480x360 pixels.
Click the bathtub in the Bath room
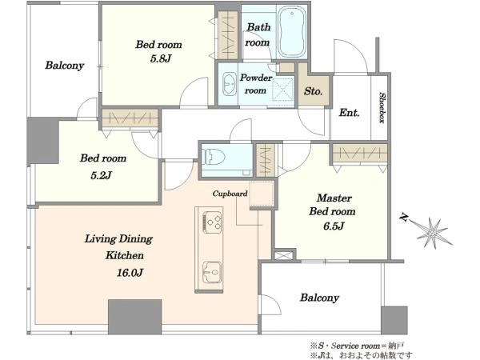[292, 31]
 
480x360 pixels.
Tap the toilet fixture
[214, 157]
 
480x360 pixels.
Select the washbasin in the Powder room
[229, 83]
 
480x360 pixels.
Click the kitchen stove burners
[212, 222]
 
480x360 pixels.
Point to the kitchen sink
[212, 272]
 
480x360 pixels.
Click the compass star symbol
[434, 234]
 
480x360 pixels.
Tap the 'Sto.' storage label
[313, 91]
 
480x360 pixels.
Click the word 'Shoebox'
[382, 107]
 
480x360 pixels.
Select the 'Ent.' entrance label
[349, 113]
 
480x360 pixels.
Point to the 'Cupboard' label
[230, 194]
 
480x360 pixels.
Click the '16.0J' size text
[130, 273]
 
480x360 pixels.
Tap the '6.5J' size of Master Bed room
[334, 226]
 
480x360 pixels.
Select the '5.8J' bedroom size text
[161, 58]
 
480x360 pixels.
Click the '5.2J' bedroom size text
[101, 175]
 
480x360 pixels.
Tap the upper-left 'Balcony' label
[65, 66]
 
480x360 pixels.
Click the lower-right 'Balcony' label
[319, 298]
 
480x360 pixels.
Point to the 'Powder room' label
[256, 84]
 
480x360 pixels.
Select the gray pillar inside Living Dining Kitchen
[134, 317]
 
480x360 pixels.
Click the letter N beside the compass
[404, 218]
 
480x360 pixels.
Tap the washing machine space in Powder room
[283, 89]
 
